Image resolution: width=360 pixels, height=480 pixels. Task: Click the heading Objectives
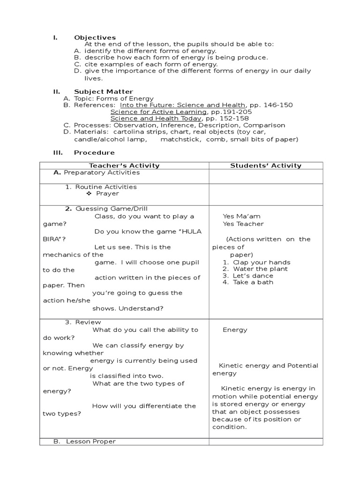(95, 37)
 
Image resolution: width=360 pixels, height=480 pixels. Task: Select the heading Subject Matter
(103, 91)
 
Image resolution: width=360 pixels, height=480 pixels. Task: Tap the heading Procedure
(94, 153)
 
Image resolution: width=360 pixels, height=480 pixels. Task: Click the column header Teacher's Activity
(124, 165)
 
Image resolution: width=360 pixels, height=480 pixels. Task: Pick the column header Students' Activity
(266, 165)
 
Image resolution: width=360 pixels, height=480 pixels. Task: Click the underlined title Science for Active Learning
(158, 112)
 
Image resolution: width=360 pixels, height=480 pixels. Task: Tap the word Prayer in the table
(107, 194)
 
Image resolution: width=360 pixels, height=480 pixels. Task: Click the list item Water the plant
(260, 269)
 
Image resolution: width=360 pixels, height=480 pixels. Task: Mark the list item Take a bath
(253, 282)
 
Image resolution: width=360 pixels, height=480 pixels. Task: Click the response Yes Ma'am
(241, 217)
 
